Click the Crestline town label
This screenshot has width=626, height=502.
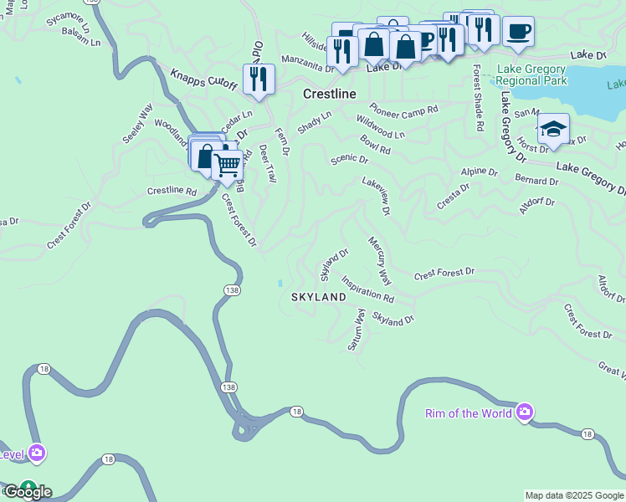329,94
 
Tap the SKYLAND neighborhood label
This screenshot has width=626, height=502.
318,297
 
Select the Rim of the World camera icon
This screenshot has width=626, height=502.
525,412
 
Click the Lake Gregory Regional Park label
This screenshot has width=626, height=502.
531,75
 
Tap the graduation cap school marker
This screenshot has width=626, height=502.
553,129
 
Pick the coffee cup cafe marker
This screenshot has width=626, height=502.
518,32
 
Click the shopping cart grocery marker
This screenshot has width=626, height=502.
227,164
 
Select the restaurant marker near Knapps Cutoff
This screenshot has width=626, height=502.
258,79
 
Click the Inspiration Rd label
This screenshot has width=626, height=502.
367,290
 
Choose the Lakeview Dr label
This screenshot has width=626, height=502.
377,195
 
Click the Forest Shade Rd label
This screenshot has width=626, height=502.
478,98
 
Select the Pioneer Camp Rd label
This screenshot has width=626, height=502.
404,110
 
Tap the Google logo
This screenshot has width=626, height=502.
27,492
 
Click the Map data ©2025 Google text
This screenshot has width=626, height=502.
574,495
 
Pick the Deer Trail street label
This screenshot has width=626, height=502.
267,163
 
